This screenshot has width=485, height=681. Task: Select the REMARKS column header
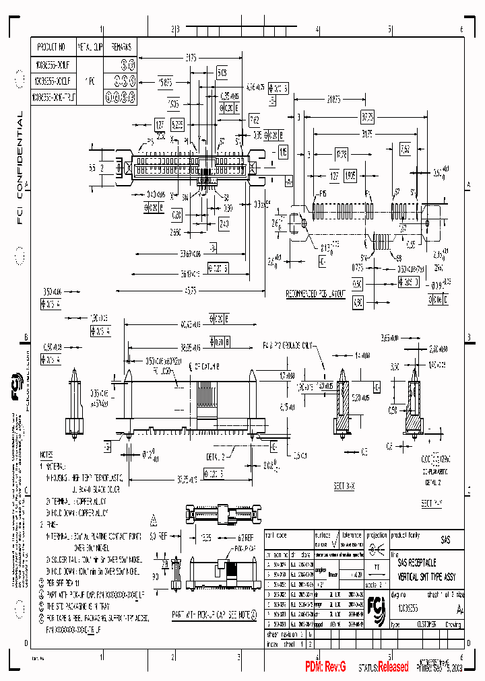(x=121, y=47)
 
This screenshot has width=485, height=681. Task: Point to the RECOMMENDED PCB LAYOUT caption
(x=316, y=293)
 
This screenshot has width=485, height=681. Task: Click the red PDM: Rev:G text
(x=325, y=666)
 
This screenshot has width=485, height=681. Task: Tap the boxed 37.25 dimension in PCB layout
(x=367, y=116)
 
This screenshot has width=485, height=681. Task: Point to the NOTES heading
(x=46, y=455)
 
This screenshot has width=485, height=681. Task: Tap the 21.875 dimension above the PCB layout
(x=333, y=100)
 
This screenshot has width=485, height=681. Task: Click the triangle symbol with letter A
(x=154, y=518)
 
